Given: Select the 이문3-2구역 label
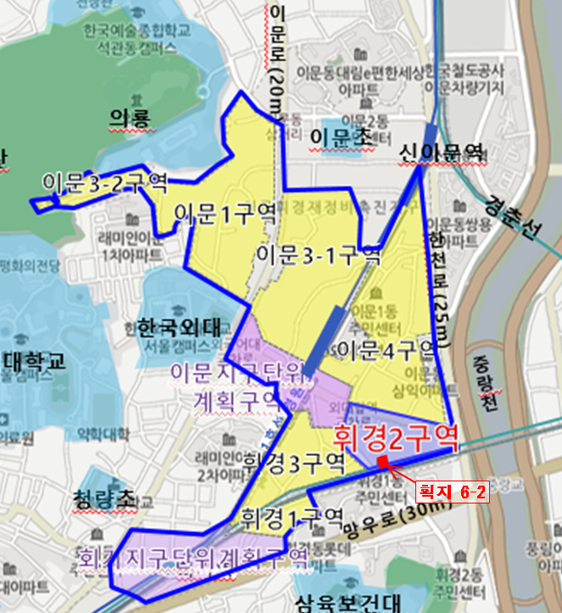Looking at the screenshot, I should [104, 181].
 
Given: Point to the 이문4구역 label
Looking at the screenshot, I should [386, 348].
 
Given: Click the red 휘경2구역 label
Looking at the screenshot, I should [395, 439].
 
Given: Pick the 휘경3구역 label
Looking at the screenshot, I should [293, 462].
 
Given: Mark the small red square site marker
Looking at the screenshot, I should [382, 462].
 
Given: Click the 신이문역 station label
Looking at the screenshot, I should [441, 152].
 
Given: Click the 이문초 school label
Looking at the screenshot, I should [337, 135].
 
